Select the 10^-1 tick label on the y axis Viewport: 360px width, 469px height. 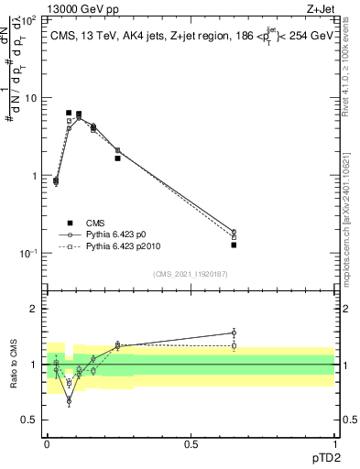coord(29,254)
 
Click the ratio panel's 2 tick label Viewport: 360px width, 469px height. coord(37,309)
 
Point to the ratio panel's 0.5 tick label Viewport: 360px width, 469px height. coord(32,420)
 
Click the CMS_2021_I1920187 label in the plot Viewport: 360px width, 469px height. coord(190,273)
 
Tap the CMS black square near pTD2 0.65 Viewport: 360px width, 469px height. coord(234,245)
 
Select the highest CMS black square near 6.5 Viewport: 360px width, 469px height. coord(69,113)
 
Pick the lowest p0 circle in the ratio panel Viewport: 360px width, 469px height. coord(69,400)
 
